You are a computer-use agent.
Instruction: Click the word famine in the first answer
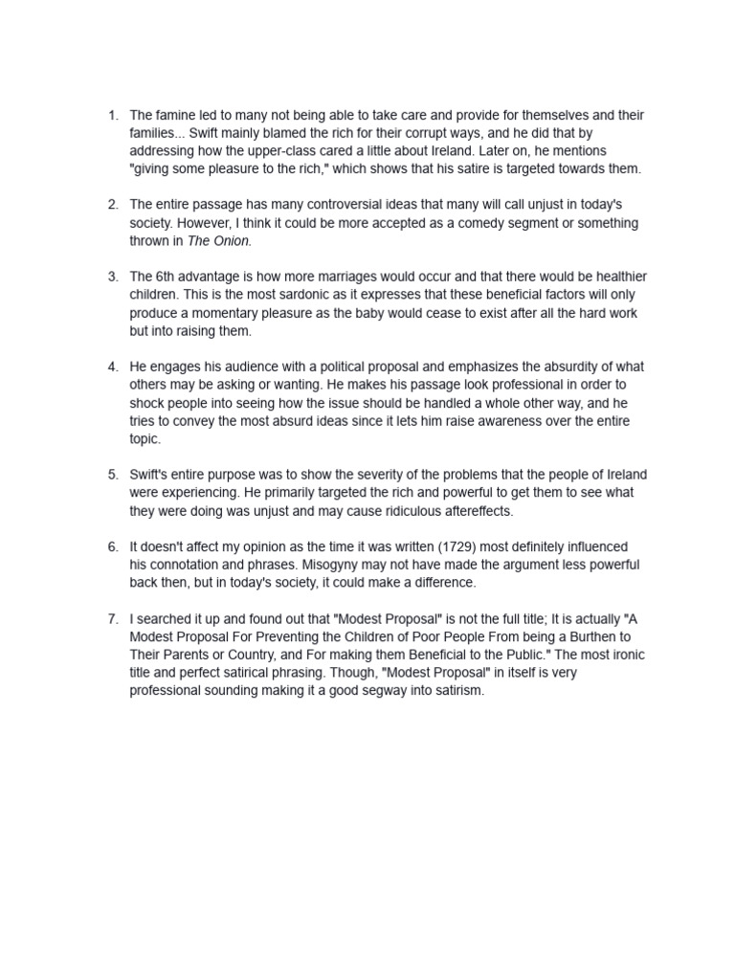[178, 116]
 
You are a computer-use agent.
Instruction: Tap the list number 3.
[112, 277]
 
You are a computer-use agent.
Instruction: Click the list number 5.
[112, 475]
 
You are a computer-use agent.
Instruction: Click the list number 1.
[112, 116]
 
